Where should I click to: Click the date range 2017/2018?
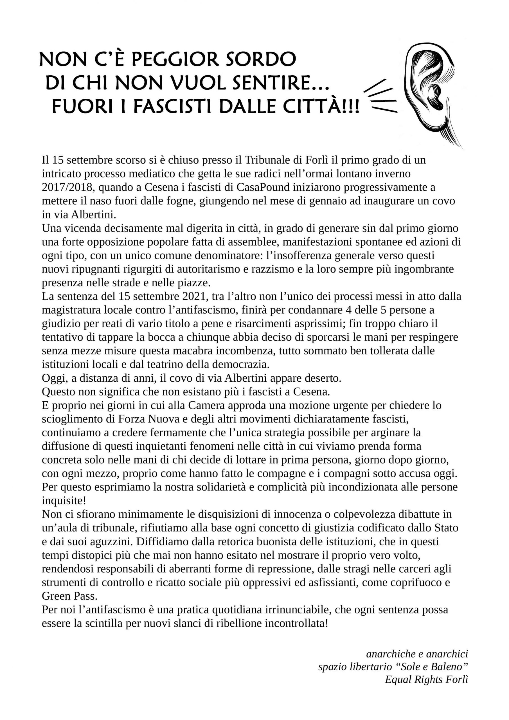coord(67,187)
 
